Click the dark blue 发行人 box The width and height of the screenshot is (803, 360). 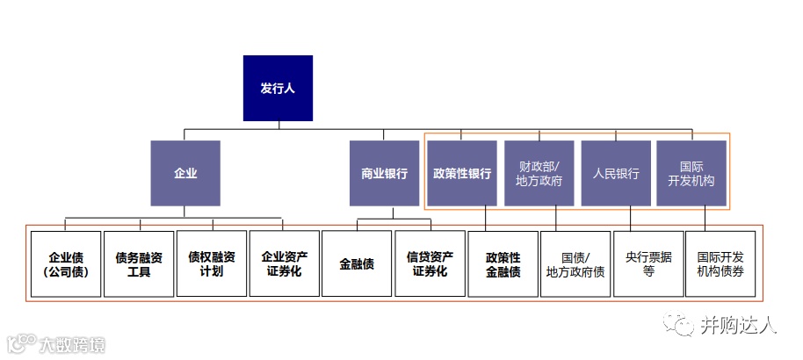click(x=278, y=89)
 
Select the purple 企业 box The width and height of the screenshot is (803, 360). click(x=184, y=173)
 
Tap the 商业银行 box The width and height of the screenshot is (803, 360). click(x=384, y=173)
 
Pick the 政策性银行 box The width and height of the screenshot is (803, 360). click(x=462, y=173)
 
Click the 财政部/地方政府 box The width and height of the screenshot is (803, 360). click(x=539, y=173)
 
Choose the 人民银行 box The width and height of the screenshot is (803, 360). click(x=616, y=173)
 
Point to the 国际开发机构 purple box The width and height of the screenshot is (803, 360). click(x=692, y=173)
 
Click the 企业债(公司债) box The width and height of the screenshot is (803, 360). click(x=66, y=264)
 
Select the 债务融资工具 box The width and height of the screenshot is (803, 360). click(x=139, y=264)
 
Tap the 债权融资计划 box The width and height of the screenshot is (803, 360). click(x=212, y=264)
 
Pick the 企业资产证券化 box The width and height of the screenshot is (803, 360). click(x=285, y=264)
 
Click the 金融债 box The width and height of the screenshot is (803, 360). click(x=357, y=264)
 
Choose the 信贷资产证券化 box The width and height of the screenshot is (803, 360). click(x=430, y=264)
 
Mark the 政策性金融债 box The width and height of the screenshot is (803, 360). click(x=503, y=264)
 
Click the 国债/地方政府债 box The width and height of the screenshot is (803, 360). click(x=575, y=264)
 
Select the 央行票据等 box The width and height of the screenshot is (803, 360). click(x=648, y=264)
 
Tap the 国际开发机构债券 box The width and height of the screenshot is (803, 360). click(x=720, y=264)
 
